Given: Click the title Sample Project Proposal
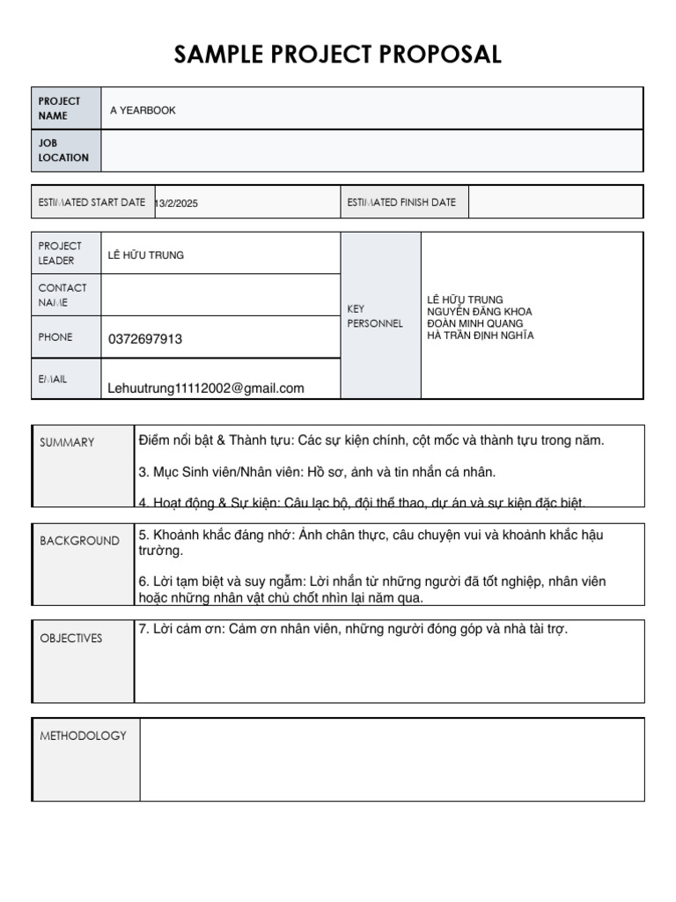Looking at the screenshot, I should pyautogui.click(x=338, y=55).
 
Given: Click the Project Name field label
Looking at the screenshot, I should pyautogui.click(x=59, y=108).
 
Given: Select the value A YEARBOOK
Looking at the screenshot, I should pyautogui.click(x=143, y=110).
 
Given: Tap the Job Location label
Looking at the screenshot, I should pyautogui.click(x=63, y=151).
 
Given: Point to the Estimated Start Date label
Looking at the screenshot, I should pyautogui.click(x=92, y=203).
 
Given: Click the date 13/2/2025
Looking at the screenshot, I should pyautogui.click(x=177, y=203).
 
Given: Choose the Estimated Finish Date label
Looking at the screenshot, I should pyautogui.click(x=401, y=203).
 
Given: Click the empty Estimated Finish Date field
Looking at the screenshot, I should pyautogui.click(x=555, y=203).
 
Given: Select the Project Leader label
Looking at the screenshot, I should pyautogui.click(x=60, y=253).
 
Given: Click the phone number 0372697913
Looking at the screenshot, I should pyautogui.click(x=145, y=339).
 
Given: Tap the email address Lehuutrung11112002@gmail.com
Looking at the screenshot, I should pyautogui.click(x=206, y=388).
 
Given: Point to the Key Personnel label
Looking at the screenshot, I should pyautogui.click(x=375, y=316).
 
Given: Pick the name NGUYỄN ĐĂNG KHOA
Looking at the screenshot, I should pyautogui.click(x=479, y=312).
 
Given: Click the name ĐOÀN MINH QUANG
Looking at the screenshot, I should pyautogui.click(x=474, y=323).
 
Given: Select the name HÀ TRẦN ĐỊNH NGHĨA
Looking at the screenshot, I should pyautogui.click(x=480, y=336).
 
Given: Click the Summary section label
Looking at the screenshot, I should pyautogui.click(x=67, y=442).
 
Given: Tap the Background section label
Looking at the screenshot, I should pyautogui.click(x=79, y=541).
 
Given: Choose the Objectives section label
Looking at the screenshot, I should pyautogui.click(x=71, y=638).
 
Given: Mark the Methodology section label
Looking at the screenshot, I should pyautogui.click(x=83, y=736).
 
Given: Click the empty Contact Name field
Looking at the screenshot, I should pyautogui.click(x=220, y=295).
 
